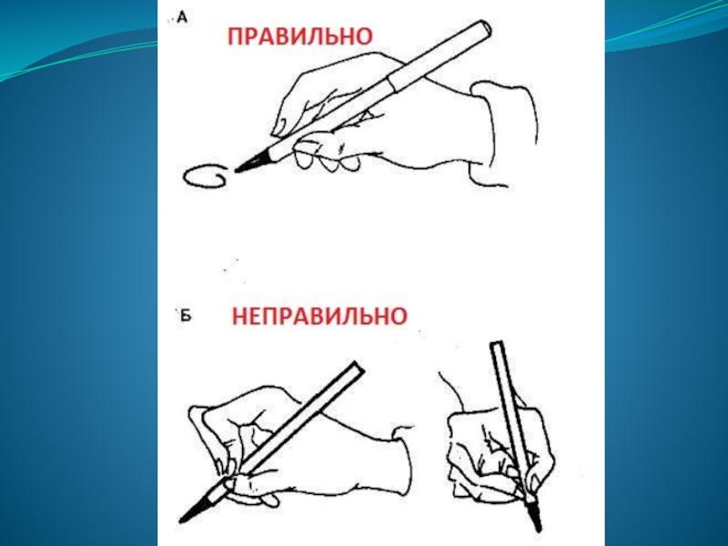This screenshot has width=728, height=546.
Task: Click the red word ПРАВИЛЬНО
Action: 300,36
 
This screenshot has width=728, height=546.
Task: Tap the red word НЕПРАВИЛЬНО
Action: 319,316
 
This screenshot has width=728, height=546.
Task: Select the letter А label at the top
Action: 183,18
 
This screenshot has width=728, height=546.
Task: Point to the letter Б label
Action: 186,316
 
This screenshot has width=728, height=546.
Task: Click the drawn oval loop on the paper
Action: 206,177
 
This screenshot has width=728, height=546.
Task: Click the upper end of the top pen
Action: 485,27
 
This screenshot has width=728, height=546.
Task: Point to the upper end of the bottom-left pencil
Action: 358,368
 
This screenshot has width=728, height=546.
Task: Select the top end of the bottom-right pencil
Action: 497,346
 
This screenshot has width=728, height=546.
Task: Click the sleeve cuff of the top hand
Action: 504,134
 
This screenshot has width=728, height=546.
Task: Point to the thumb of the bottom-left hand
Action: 251,488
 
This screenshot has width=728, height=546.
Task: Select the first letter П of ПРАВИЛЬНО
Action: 235,36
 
